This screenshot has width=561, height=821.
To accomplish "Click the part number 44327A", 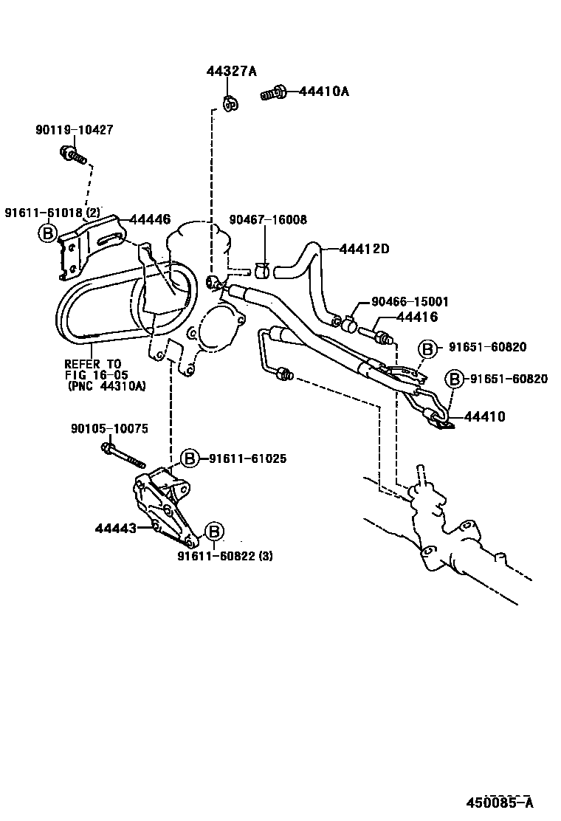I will (x=231, y=71).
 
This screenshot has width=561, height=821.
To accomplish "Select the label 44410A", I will (x=324, y=92).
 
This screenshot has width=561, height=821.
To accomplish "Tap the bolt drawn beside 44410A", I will (x=274, y=94).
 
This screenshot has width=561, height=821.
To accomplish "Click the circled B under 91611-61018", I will (x=47, y=234).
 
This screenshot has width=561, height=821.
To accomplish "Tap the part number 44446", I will (x=150, y=219).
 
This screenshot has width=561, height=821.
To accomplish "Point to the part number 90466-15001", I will (x=410, y=302).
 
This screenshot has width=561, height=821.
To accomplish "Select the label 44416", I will (x=417, y=317).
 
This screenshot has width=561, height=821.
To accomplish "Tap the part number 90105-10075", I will (x=99, y=428).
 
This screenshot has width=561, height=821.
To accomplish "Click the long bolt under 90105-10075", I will (x=124, y=454).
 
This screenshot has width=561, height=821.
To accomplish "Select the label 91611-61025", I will (x=247, y=458).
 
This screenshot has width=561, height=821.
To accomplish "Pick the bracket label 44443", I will (x=115, y=528).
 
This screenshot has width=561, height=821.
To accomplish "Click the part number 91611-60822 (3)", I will (x=224, y=556).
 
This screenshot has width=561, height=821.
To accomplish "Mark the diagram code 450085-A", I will (x=499, y=803).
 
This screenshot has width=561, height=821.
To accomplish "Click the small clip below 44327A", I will (x=230, y=104).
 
